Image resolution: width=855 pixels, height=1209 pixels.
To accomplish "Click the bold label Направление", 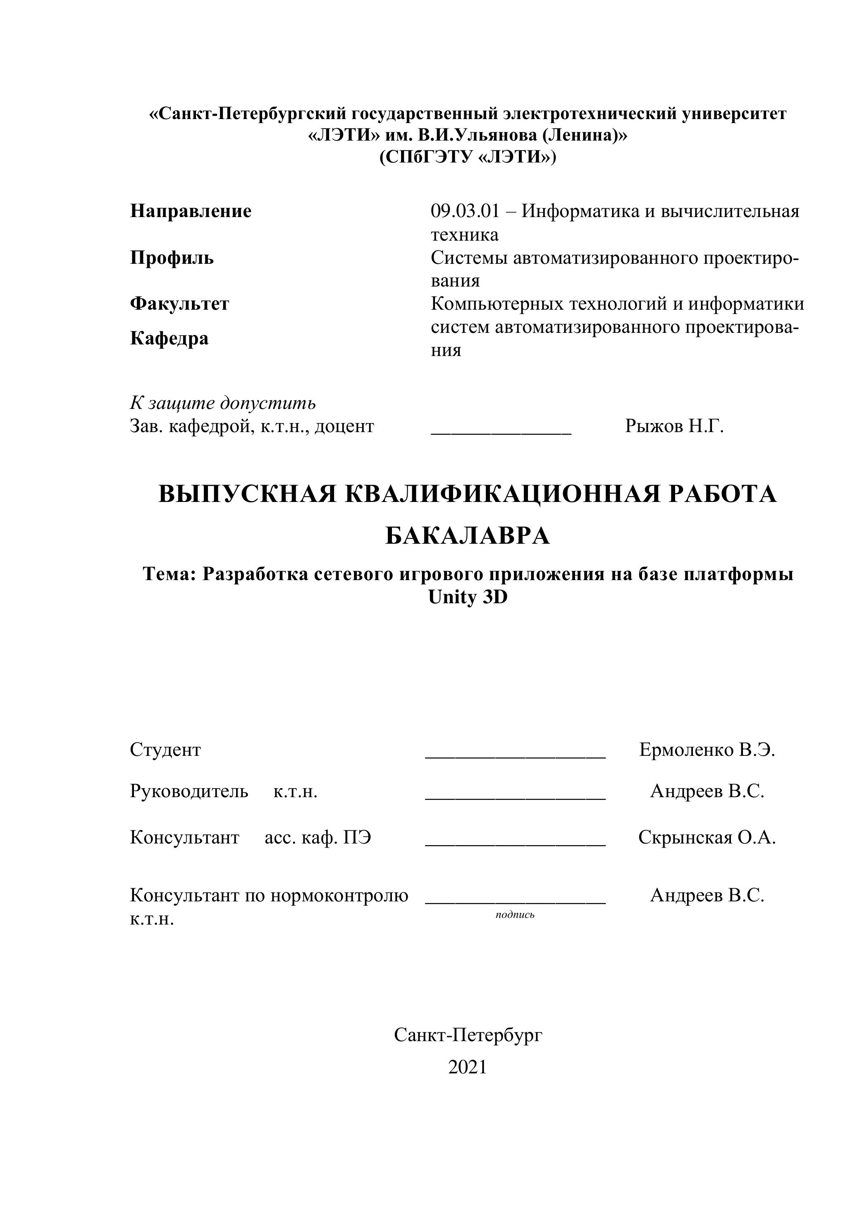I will pyautogui.click(x=191, y=211).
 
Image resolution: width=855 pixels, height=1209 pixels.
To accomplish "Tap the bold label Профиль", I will pyautogui.click(x=172, y=258).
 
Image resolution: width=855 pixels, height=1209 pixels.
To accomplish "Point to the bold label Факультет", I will pyautogui.click(x=179, y=304).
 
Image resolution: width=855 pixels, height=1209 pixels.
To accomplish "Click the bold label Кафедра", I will pyautogui.click(x=169, y=338).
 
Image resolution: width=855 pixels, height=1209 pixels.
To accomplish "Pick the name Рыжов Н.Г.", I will pyautogui.click(x=674, y=426).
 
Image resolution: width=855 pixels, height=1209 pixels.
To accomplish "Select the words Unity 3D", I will pyautogui.click(x=468, y=597).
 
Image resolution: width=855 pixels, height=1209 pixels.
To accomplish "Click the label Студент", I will pyautogui.click(x=165, y=749).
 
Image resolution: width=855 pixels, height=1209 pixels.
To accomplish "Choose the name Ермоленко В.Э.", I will pyautogui.click(x=707, y=749).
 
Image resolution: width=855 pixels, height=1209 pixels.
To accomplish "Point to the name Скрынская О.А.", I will pyautogui.click(x=707, y=837).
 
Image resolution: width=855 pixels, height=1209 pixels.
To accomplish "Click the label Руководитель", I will pyautogui.click(x=189, y=791).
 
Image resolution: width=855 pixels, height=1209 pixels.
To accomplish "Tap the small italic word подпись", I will pyautogui.click(x=515, y=915).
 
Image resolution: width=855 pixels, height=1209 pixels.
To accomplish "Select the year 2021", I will pyautogui.click(x=468, y=1067).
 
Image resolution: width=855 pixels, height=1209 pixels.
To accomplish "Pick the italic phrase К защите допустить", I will pyautogui.click(x=223, y=403).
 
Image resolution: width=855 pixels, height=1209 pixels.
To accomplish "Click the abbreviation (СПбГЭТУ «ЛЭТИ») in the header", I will pyautogui.click(x=468, y=157).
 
